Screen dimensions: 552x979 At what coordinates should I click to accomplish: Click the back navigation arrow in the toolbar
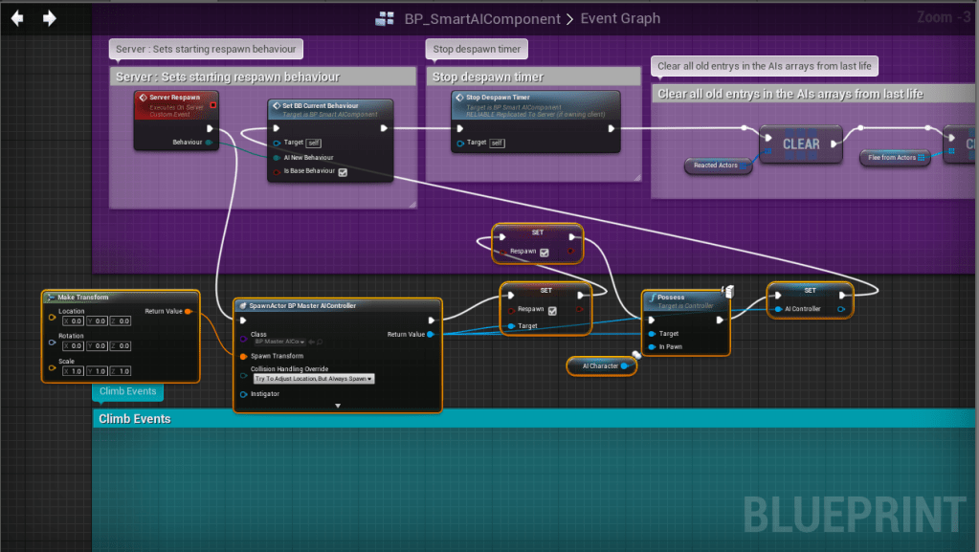point(16,18)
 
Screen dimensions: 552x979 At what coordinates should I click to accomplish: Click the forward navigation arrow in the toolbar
point(50,18)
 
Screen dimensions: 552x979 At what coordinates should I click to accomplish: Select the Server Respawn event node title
point(174,98)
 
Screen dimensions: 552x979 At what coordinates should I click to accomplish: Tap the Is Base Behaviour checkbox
point(343,172)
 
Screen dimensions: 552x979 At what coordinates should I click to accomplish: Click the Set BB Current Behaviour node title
point(322,105)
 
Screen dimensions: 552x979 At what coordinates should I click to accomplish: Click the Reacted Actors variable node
point(716,166)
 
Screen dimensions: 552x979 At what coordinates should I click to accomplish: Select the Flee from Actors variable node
point(892,157)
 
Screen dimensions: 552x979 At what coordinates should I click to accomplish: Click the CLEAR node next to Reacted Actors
point(800,144)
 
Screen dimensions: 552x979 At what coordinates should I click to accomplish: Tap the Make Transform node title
point(83,297)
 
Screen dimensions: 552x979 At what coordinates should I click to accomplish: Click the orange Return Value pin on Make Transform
point(188,312)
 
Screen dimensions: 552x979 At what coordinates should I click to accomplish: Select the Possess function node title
point(671,297)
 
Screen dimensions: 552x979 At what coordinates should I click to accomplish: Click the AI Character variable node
point(601,365)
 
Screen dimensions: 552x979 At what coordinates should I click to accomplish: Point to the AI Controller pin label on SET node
point(802,309)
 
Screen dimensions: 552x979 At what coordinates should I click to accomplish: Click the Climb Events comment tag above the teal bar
point(127,391)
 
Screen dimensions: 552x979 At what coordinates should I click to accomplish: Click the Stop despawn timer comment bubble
point(477,49)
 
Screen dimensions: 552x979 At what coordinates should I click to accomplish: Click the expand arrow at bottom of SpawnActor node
point(338,406)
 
